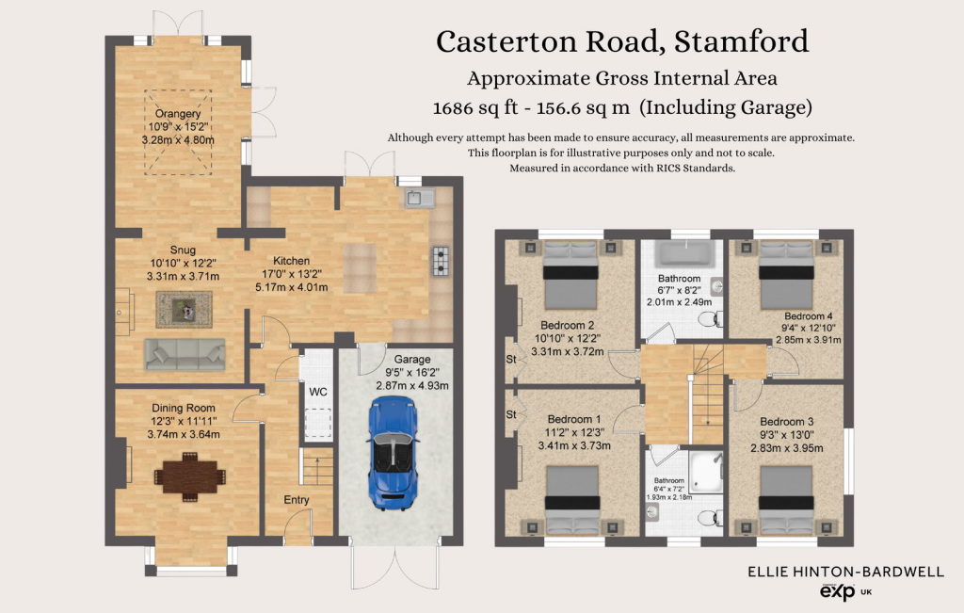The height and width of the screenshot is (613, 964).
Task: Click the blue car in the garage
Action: (x=393, y=453)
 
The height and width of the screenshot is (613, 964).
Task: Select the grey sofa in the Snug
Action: (x=185, y=355)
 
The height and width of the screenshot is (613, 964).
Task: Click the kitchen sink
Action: (x=420, y=198)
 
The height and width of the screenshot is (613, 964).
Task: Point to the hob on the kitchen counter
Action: (x=441, y=261)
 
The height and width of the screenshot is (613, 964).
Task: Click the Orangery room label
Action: (x=178, y=114)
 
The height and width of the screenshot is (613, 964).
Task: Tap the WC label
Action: (x=318, y=393)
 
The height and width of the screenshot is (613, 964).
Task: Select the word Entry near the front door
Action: (x=297, y=500)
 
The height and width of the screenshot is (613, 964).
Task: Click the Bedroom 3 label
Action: (x=786, y=422)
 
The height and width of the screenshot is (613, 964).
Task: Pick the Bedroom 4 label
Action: (x=809, y=316)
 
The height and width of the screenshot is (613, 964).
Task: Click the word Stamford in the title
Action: (x=742, y=41)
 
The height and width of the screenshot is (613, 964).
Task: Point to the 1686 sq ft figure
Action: (x=475, y=108)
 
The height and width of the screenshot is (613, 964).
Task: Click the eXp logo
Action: (x=837, y=591)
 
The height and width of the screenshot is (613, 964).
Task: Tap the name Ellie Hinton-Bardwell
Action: (x=845, y=572)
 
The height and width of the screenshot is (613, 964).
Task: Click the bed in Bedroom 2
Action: (x=570, y=275)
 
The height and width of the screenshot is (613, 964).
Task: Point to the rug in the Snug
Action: (x=184, y=309)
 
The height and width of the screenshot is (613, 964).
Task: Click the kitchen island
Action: (x=360, y=268)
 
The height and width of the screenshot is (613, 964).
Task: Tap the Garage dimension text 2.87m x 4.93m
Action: (x=412, y=385)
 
